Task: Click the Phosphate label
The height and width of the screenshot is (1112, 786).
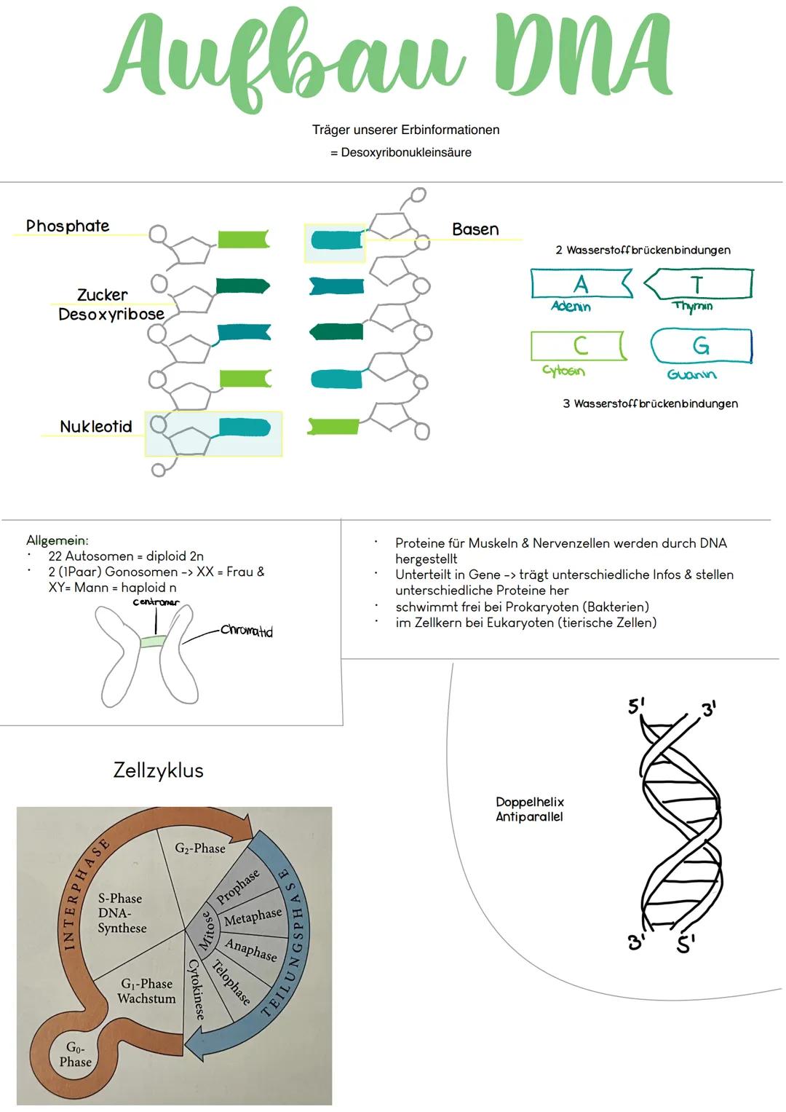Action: (x=68, y=226)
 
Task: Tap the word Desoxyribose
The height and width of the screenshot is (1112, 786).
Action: (x=111, y=315)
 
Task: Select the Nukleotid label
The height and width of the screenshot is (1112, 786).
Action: (x=96, y=427)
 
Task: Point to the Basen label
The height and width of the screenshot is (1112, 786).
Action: (x=475, y=229)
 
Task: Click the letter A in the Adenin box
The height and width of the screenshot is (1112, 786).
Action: (x=580, y=283)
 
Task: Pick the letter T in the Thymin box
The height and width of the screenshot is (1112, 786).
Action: (x=696, y=283)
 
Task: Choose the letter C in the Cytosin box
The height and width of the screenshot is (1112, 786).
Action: (x=580, y=345)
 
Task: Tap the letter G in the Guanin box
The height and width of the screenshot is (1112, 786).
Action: (x=700, y=345)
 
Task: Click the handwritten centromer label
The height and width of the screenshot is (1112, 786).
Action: (x=156, y=603)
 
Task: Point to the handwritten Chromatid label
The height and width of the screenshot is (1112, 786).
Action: (x=247, y=631)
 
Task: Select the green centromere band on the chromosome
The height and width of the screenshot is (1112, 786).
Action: (x=154, y=642)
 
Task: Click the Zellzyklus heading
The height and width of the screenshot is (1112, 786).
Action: (x=159, y=770)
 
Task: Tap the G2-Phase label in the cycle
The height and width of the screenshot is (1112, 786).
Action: (x=200, y=848)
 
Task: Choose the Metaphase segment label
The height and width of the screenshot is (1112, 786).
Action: (x=253, y=917)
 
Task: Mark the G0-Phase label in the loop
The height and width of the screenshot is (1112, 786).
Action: (x=76, y=1054)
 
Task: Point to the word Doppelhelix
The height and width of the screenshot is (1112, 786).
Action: (x=530, y=802)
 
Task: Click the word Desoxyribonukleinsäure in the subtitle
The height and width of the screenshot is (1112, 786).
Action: (x=406, y=153)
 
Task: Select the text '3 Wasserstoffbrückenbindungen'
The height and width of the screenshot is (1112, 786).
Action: (x=650, y=403)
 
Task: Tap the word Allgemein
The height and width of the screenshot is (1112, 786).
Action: (x=57, y=540)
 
